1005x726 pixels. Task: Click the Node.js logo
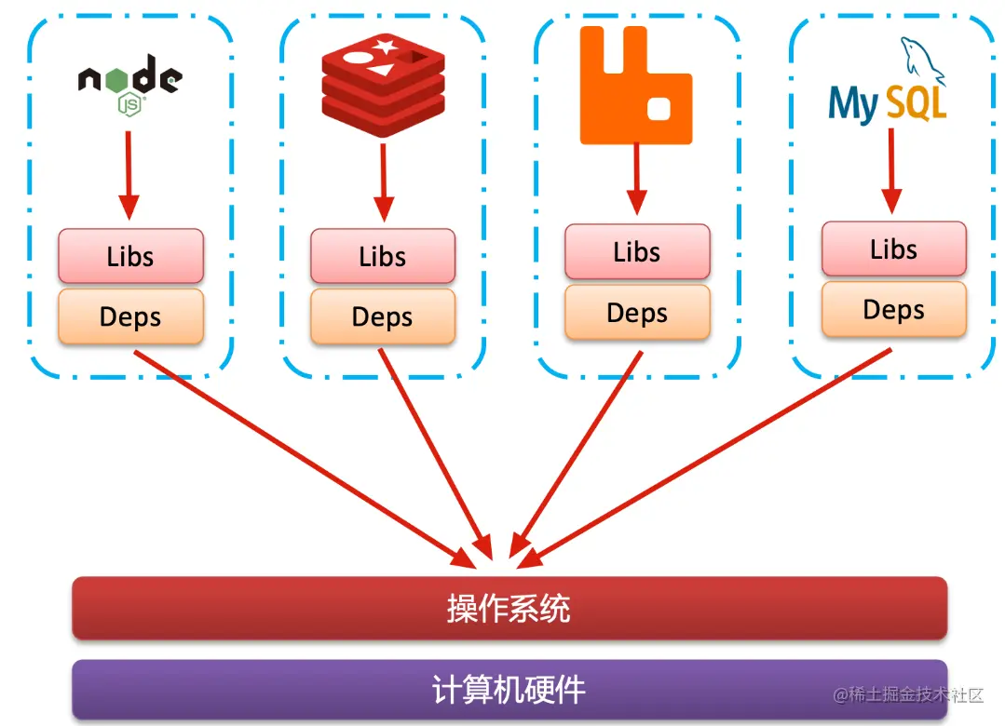coord(130,83)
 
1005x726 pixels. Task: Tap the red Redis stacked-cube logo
coord(384,85)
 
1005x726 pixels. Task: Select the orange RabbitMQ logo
coord(636,85)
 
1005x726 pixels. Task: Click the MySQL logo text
coord(887,103)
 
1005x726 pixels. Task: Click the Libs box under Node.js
coord(130,256)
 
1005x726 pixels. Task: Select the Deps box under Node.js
coord(130,316)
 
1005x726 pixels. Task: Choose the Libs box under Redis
coord(383,256)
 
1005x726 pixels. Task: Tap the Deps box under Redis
coord(383,316)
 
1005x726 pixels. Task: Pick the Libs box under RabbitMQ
coord(637,252)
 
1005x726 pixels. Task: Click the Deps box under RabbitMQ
coord(637,312)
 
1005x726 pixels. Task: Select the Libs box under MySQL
coord(893,249)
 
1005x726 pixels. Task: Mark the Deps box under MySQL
coord(893,309)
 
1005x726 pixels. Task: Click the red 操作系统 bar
coord(509,608)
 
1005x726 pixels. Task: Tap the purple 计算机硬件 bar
coord(509,690)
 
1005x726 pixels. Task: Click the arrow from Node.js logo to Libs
coord(129,176)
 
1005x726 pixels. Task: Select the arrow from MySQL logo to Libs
coord(891,171)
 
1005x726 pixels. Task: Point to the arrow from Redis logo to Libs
coord(384,182)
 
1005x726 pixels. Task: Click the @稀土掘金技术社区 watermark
coord(908,694)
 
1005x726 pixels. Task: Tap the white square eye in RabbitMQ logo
coord(659,108)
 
